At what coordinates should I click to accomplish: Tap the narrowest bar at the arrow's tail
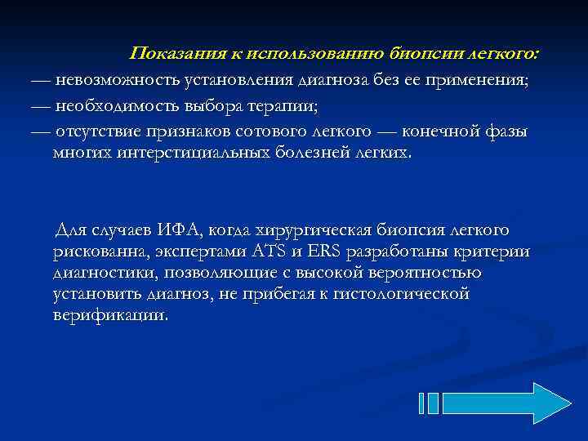coord(421,403)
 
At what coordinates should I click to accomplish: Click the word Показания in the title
coord(171,54)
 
